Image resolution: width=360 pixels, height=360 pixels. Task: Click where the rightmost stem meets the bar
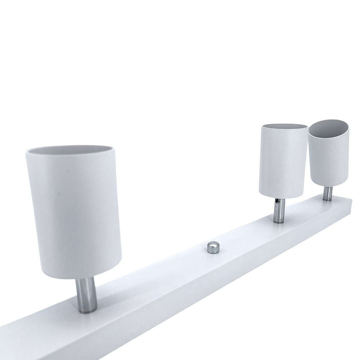[327, 199]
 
